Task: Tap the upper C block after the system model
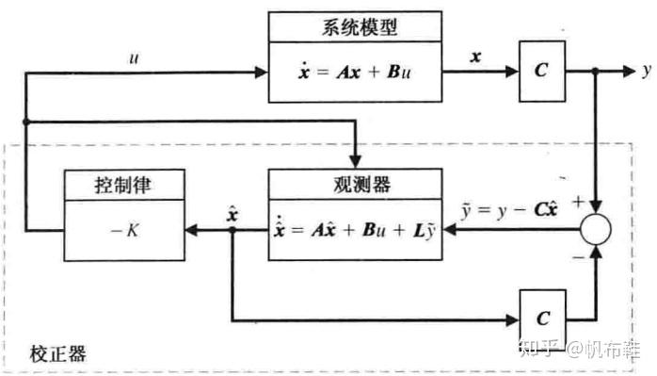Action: click(540, 72)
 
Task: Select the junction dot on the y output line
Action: click(596, 72)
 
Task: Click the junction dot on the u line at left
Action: click(28, 122)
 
